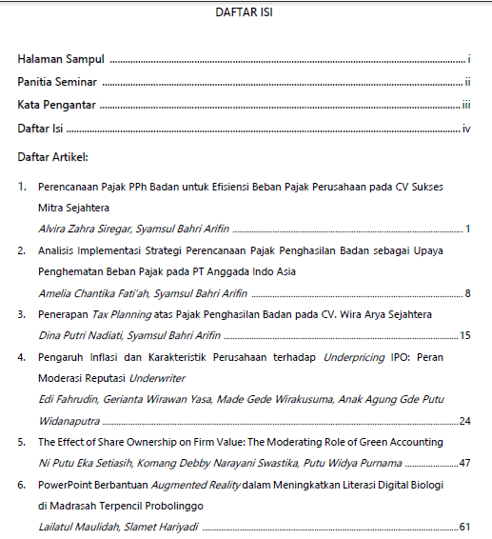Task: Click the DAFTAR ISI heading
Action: (246, 14)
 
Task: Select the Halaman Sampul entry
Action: (61, 59)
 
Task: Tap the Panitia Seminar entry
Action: (58, 82)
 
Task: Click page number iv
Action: (467, 128)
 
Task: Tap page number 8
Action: (468, 292)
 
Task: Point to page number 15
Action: (465, 335)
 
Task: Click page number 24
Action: (465, 420)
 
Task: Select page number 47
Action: (465, 463)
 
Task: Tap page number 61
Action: (465, 526)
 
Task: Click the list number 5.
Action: (22, 442)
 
